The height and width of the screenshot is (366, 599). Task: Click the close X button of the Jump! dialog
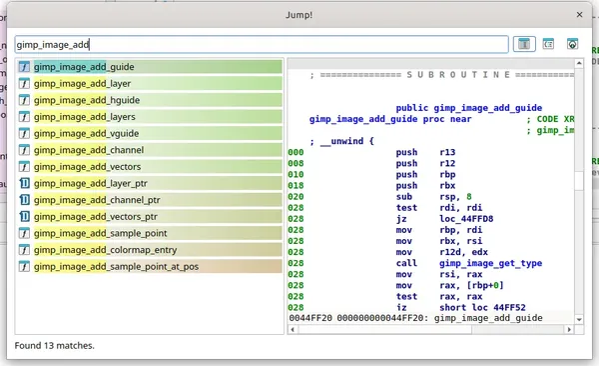pyautogui.click(x=579, y=15)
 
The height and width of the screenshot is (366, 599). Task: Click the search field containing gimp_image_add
pyautogui.click(x=262, y=44)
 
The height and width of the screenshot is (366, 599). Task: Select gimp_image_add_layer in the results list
pyautogui.click(x=82, y=83)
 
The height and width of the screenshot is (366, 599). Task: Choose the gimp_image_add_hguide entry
pyautogui.click(x=87, y=100)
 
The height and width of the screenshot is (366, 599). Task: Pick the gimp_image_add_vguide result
pyautogui.click(x=86, y=134)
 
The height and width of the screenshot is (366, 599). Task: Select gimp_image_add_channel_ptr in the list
pyautogui.click(x=97, y=200)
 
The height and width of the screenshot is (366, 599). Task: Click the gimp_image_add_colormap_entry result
pyautogui.click(x=106, y=250)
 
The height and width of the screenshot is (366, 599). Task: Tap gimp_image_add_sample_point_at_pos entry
pyautogui.click(x=116, y=267)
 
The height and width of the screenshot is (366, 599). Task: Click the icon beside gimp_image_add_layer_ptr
pyautogui.click(x=24, y=183)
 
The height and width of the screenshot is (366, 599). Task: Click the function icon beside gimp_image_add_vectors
pyautogui.click(x=24, y=167)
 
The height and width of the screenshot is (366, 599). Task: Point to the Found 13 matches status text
pyautogui.click(x=54, y=345)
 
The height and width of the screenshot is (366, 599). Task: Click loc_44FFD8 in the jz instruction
pyautogui.click(x=466, y=219)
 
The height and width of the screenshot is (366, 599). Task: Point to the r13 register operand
pyautogui.click(x=447, y=152)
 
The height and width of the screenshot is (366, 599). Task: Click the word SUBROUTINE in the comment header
pyautogui.click(x=458, y=74)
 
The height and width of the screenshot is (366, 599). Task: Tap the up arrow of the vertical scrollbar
pyautogui.click(x=579, y=63)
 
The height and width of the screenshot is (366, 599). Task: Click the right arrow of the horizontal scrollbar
pyautogui.click(x=569, y=329)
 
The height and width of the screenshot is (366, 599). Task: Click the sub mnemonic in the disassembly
pyautogui.click(x=403, y=196)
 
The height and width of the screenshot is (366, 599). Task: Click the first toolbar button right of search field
pyautogui.click(x=524, y=44)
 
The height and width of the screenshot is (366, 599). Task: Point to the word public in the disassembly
pyautogui.click(x=411, y=108)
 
